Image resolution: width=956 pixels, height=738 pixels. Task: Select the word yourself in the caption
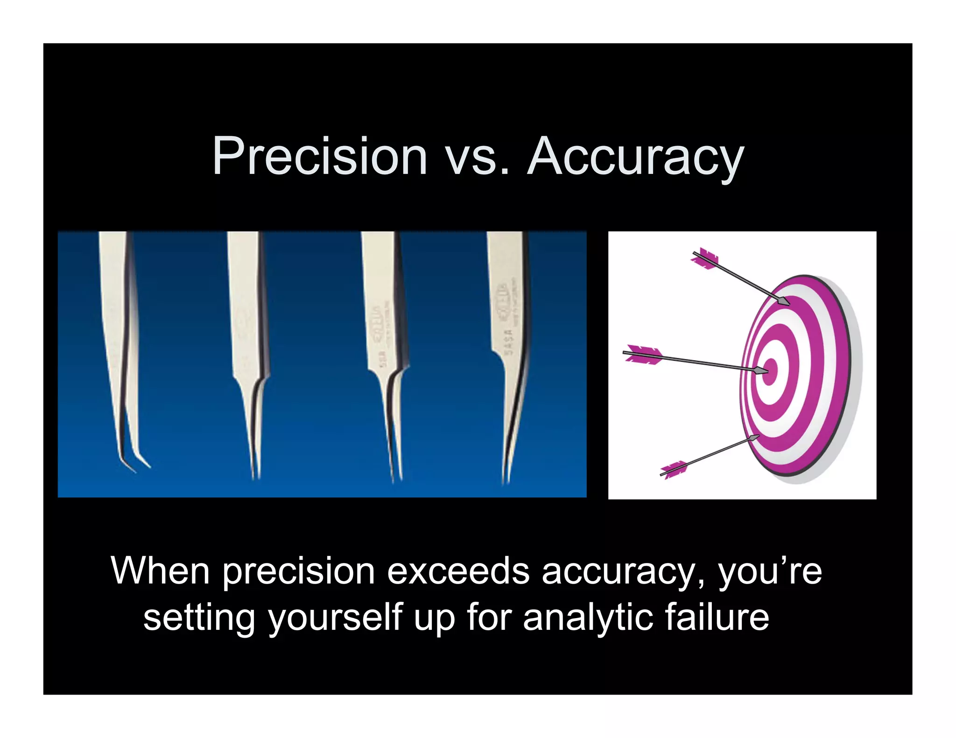coord(335,619)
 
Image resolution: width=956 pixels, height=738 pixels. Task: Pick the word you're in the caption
coord(770,572)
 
